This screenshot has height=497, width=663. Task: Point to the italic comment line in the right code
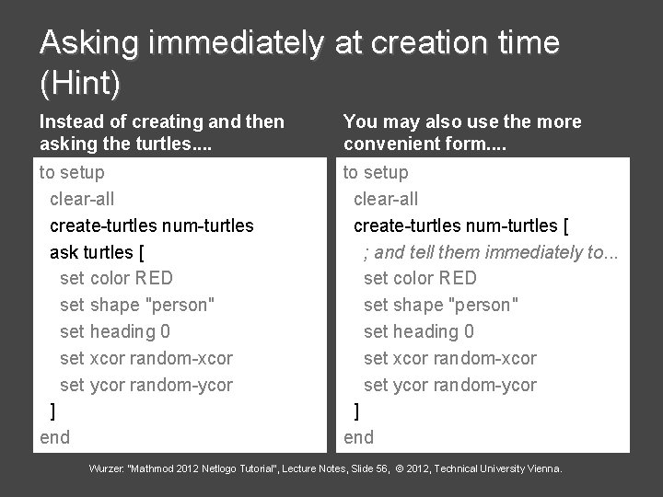pos(491,251)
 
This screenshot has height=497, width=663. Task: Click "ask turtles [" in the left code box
pos(96,251)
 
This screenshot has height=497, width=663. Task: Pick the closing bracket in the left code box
pos(52,410)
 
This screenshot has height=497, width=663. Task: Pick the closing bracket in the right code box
pos(357,410)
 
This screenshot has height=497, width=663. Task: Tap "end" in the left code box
pos(54,437)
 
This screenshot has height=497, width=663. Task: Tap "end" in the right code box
pos(359,437)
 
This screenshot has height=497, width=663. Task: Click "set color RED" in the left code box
pos(116,278)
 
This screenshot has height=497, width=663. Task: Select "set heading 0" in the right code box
pos(419,331)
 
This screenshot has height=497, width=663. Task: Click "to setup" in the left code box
pos(71,172)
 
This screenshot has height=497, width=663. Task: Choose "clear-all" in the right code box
pos(386,199)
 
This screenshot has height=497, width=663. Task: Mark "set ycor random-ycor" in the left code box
pos(145,385)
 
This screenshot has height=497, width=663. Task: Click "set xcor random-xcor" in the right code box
pos(450,358)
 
